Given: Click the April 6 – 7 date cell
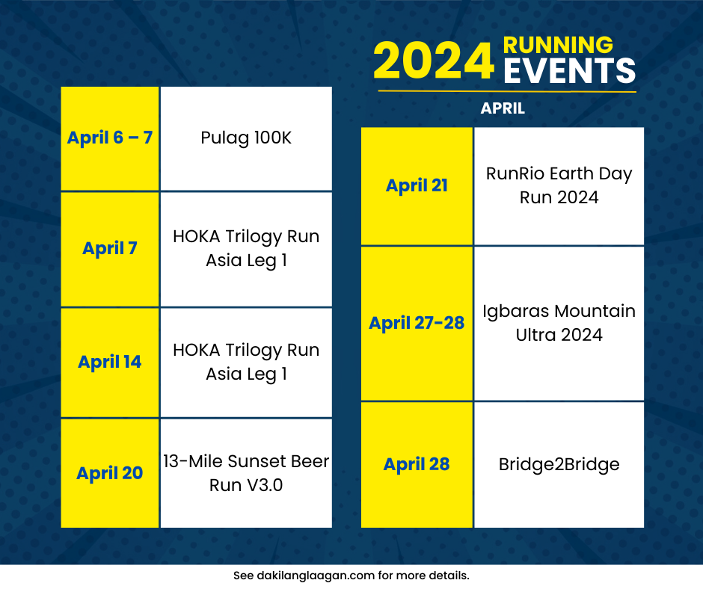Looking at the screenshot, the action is coord(110,138).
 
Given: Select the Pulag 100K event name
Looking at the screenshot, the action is coord(246,138).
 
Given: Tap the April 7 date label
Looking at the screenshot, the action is coord(110,248).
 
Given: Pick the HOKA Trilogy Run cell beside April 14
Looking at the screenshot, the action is coord(246,363).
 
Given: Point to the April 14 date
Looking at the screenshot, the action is coord(110,362).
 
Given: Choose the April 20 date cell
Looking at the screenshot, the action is coord(110,473).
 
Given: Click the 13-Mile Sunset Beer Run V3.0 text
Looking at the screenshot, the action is coord(246,473).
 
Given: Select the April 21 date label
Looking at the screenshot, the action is coord(417,185).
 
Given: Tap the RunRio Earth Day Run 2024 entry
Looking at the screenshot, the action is coord(559,185).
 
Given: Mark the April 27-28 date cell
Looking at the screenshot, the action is coord(417,323).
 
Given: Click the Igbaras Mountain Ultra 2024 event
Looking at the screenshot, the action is coord(559,323).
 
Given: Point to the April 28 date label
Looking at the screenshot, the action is coord(417,464).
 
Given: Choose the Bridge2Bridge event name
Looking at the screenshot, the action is coord(559,464).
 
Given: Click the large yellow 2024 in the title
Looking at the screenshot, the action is coord(434,61).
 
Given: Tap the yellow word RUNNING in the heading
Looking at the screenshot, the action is coord(558,45).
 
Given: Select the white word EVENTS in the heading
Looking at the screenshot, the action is coord(570,70).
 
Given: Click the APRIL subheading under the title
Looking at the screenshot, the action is coord(503,108).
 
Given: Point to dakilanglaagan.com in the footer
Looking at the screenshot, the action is coord(316,576).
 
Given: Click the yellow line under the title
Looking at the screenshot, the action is coord(507,91).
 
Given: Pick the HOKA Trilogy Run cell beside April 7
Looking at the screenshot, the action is coord(246,249).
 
